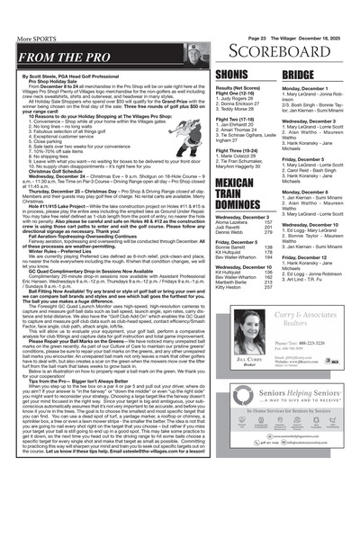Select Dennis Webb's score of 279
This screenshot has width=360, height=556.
click(265, 232)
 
